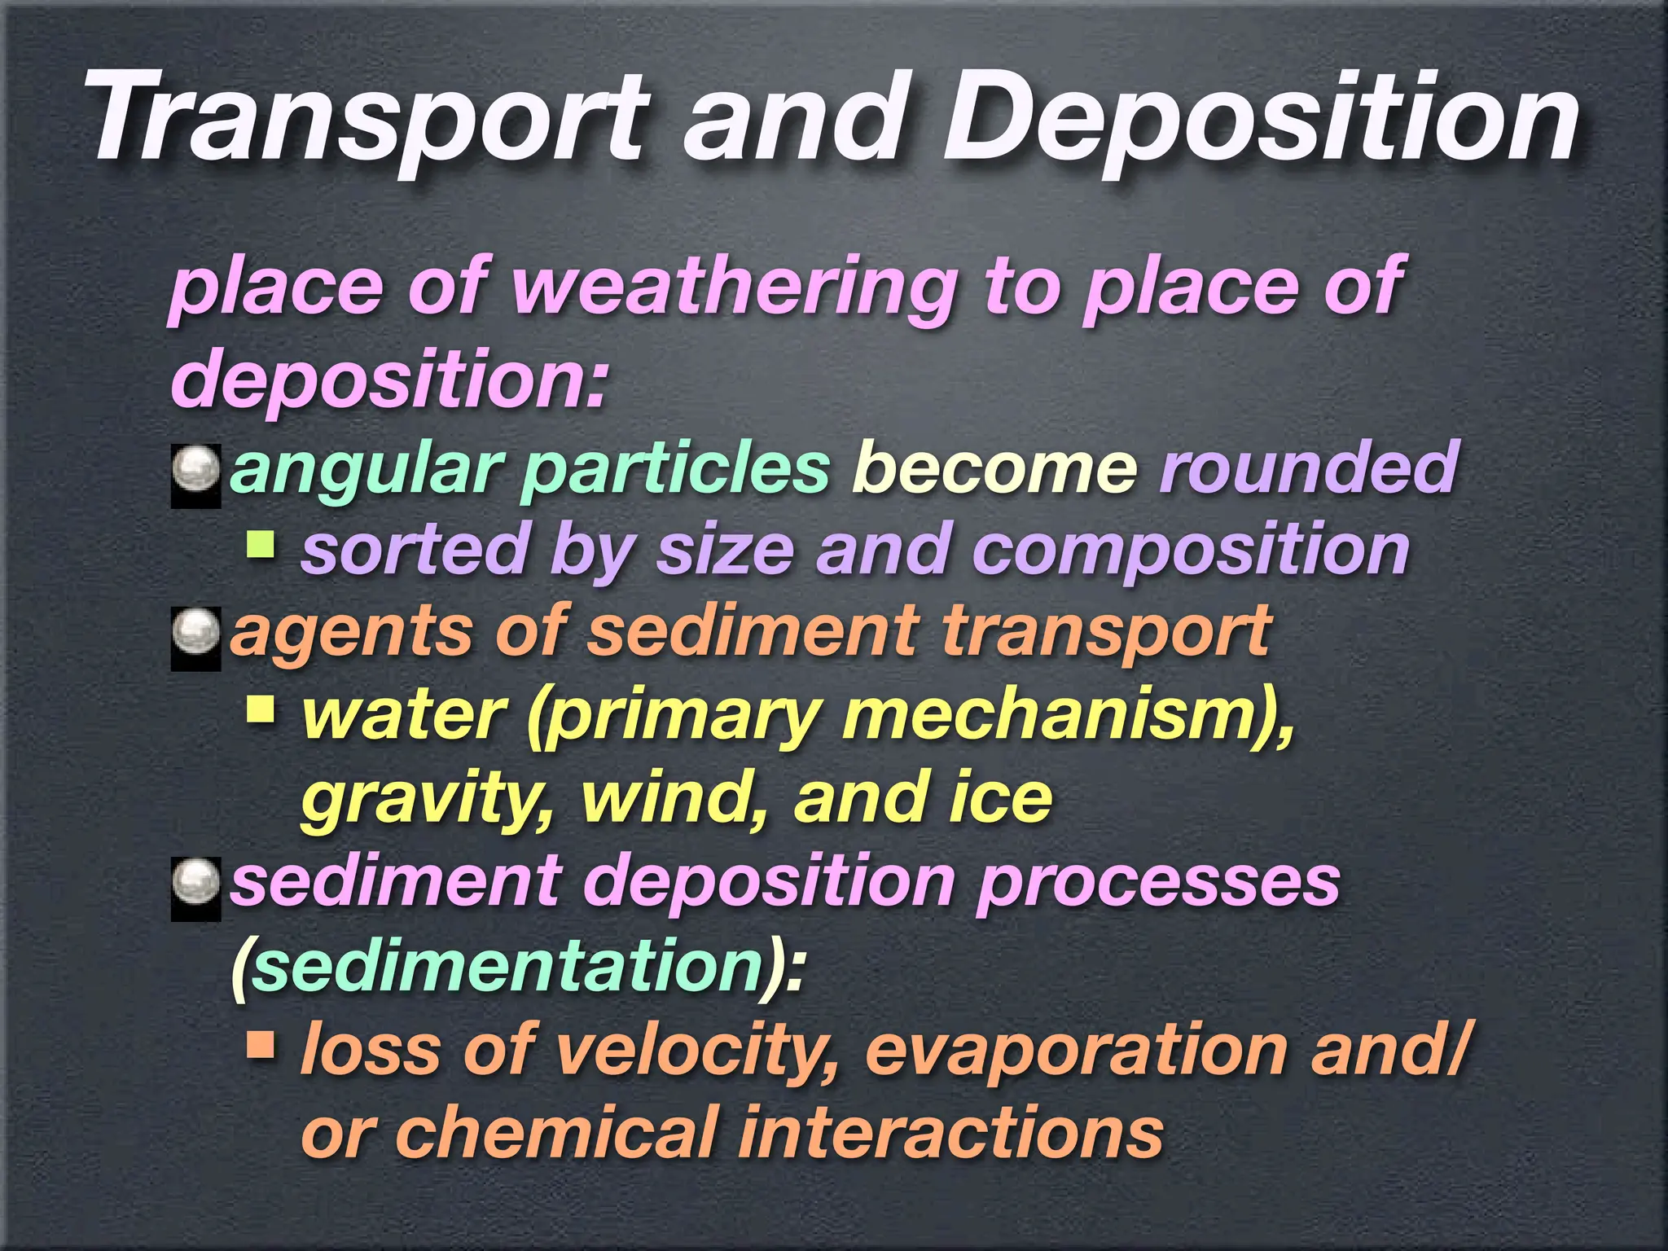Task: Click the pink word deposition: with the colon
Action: click(x=389, y=380)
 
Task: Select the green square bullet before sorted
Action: click(x=261, y=544)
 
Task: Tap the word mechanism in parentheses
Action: click(x=1059, y=717)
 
